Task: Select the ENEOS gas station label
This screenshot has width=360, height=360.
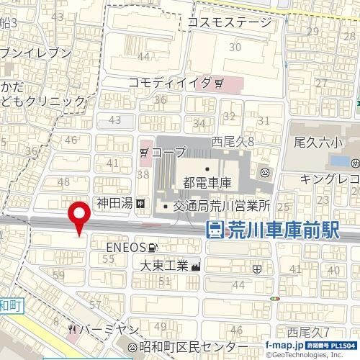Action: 126,247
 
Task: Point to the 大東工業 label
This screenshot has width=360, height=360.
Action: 163,266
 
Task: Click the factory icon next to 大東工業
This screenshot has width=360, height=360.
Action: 196,266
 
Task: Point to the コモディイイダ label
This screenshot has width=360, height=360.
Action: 170,82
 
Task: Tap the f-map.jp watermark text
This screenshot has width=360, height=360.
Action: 282,346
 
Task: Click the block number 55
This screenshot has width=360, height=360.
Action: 109,258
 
